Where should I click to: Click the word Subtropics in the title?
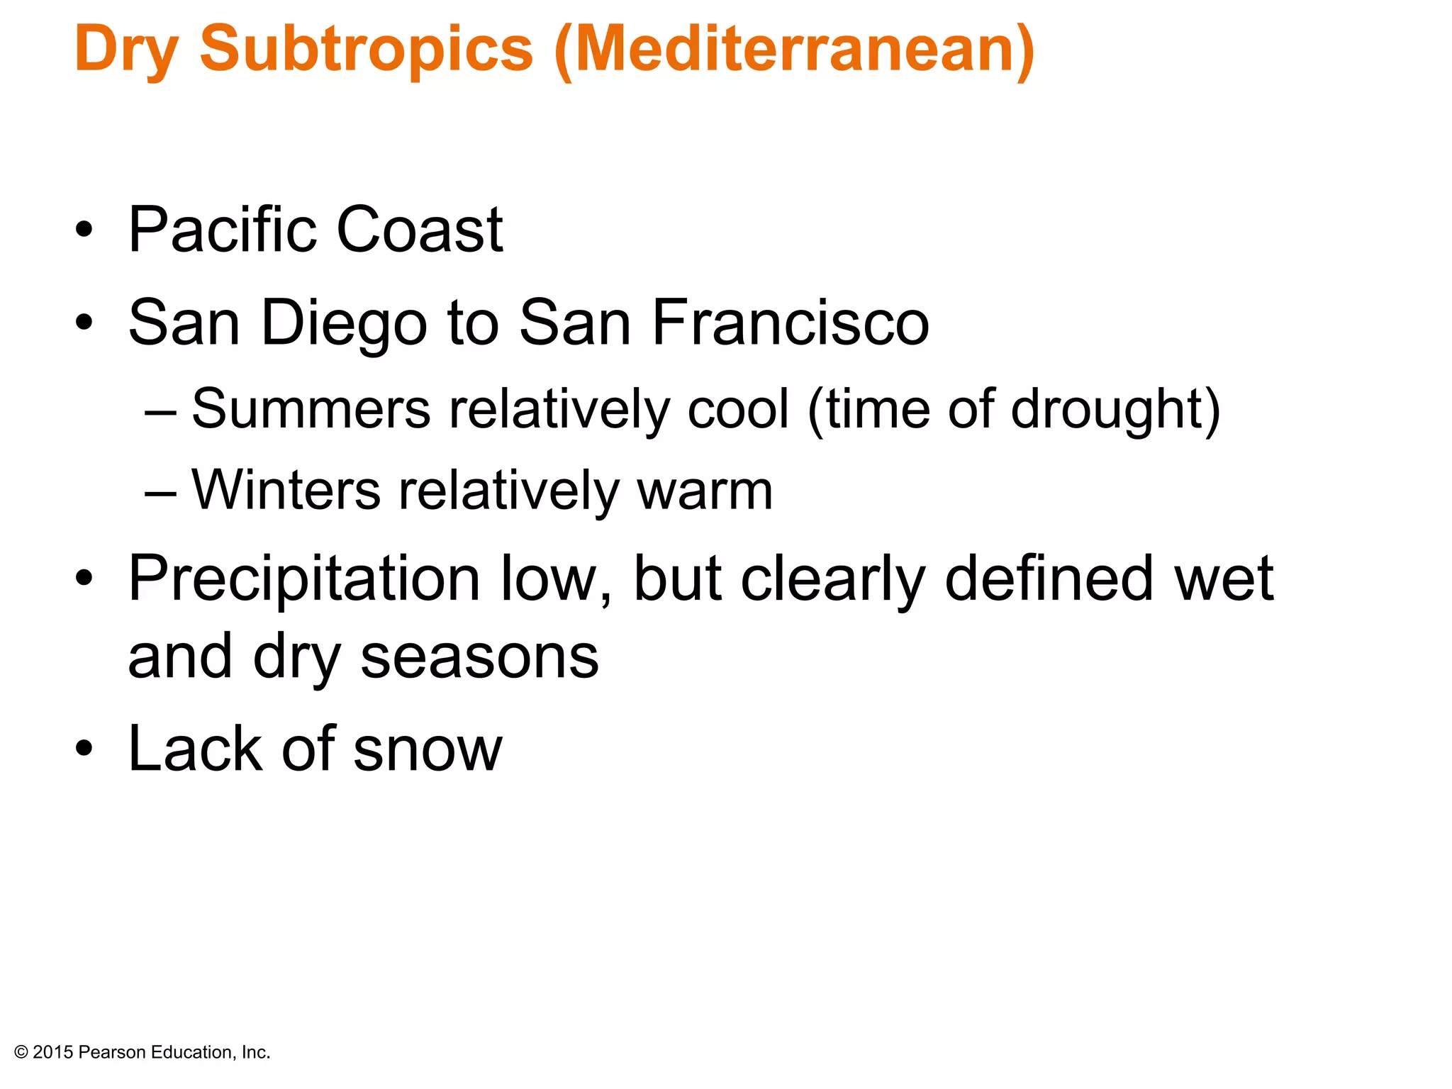(x=366, y=50)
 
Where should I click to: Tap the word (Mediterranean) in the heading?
(x=795, y=50)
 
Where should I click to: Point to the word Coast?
(x=420, y=230)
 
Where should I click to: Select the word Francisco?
(x=791, y=323)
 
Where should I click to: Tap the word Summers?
(x=311, y=409)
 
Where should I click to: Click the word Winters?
(x=286, y=490)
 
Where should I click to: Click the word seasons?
(x=479, y=657)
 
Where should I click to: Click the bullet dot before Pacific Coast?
(x=84, y=230)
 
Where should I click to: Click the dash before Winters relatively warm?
(x=160, y=491)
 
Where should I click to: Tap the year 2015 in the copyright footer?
(x=53, y=1053)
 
